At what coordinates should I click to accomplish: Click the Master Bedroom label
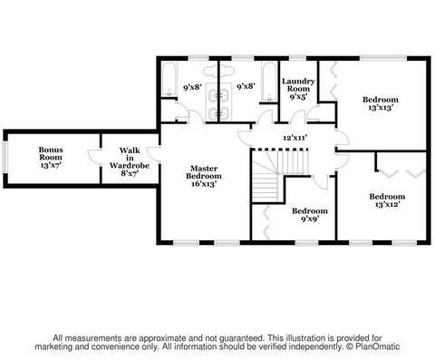click(204, 176)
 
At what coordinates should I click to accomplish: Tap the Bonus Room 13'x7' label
click(51, 157)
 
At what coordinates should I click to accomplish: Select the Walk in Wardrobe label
click(130, 161)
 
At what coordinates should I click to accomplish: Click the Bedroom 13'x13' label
click(381, 103)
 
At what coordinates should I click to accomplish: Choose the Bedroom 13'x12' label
click(387, 200)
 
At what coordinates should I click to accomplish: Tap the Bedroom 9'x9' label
click(310, 215)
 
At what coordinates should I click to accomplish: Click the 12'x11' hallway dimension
click(295, 138)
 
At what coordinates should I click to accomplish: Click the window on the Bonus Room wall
click(5, 157)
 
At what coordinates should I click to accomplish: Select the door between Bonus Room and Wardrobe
click(95, 157)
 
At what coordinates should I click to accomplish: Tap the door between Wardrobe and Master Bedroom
click(154, 154)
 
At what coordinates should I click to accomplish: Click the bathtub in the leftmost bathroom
click(169, 79)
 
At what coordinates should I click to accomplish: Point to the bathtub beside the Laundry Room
click(269, 83)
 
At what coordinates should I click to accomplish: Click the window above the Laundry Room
click(297, 57)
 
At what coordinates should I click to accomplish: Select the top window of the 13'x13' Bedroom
click(383, 57)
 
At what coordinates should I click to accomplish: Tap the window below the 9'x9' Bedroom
click(306, 242)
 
